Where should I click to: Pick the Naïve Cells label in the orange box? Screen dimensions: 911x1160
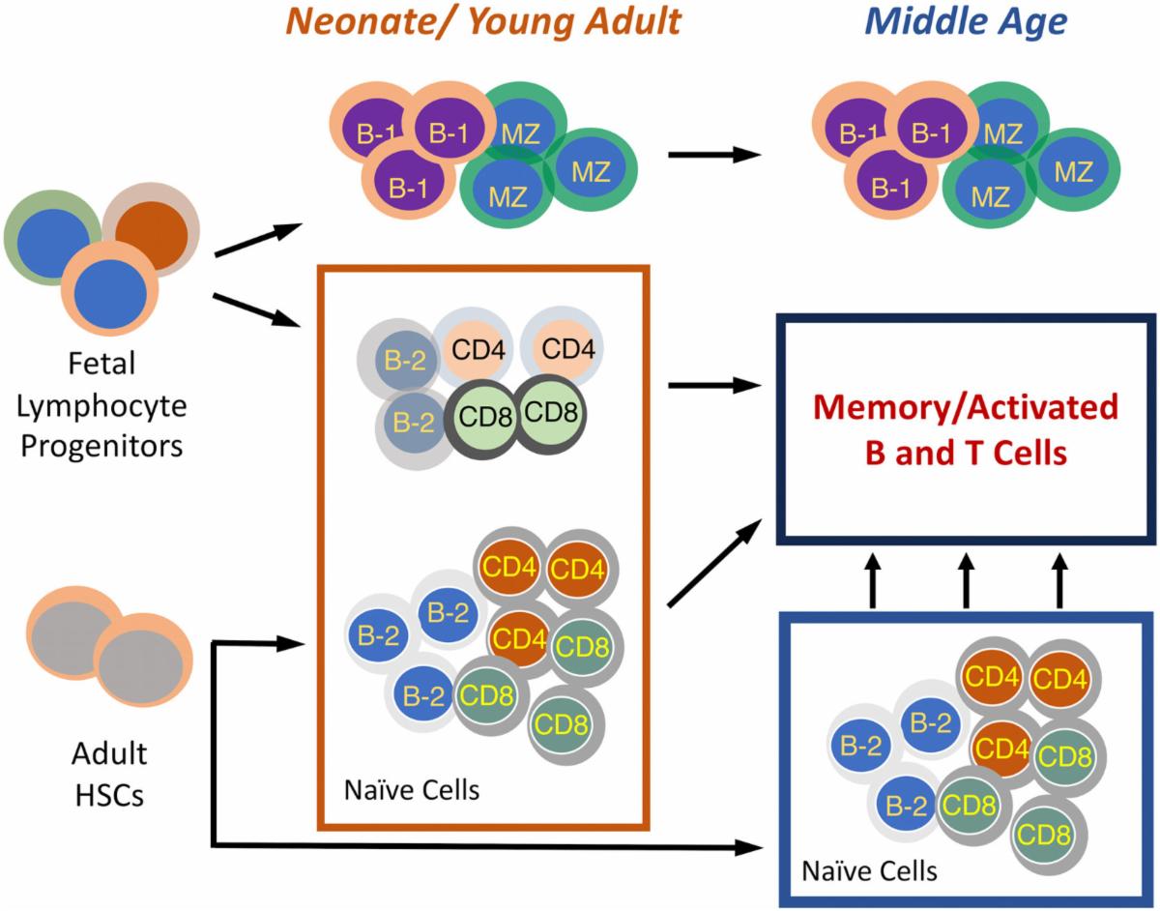coord(412,789)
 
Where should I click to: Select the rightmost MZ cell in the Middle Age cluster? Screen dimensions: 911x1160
coord(1074,171)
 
